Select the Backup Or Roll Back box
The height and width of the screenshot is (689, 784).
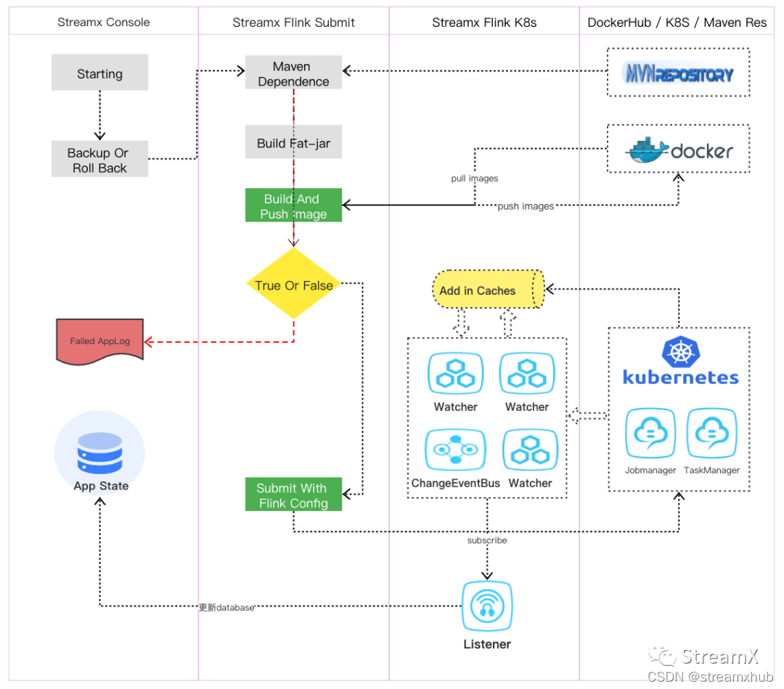coord(99,160)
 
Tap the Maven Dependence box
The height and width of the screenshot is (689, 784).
coord(293,74)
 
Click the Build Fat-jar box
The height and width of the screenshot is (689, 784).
coord(293,143)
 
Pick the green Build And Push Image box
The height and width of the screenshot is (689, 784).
coord(293,205)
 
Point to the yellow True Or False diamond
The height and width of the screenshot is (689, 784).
coord(293,285)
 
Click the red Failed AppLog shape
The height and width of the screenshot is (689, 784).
coord(100,340)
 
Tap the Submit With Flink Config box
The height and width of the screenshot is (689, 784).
coord(293,495)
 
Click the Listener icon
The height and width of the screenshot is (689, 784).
coord(486,607)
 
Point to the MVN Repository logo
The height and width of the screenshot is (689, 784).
coord(679,73)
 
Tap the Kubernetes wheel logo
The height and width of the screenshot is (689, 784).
coord(680,353)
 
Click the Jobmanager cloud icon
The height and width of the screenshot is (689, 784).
coord(650,433)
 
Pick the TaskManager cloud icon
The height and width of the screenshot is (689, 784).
coord(711,433)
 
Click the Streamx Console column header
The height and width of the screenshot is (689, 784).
coord(103,23)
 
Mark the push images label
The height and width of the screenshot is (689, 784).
coord(526,206)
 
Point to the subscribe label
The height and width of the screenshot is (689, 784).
coord(486,540)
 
